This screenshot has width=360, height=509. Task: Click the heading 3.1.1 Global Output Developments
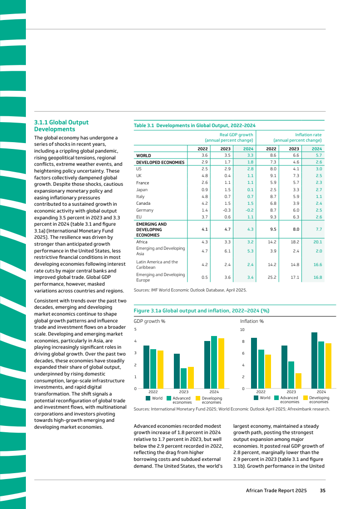62,126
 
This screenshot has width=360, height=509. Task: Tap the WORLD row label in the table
144,155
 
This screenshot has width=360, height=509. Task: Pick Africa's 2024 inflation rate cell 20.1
317,242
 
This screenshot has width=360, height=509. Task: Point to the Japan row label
142,190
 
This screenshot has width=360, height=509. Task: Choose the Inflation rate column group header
297,137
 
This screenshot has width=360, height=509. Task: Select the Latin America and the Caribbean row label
157,264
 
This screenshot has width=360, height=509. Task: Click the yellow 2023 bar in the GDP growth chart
191,377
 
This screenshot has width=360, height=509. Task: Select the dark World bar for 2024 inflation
314,361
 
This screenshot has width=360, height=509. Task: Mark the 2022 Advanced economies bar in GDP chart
153,369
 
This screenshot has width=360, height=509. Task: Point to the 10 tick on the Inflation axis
242,329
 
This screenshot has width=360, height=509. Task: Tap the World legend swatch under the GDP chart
148,398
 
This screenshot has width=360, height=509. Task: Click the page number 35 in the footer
322,490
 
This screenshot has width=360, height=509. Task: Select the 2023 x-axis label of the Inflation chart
291,391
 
